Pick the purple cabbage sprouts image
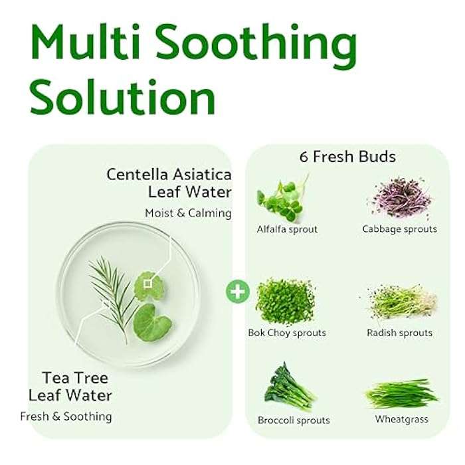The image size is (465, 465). tap(399, 197)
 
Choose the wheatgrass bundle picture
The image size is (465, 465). tap(401, 394)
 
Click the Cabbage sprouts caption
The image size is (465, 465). tap(399, 229)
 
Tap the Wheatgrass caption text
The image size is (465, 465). tap(401, 419)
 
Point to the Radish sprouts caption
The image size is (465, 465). tap(399, 333)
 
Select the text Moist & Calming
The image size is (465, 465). tap(188, 213)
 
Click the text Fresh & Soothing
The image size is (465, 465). tap(66, 417)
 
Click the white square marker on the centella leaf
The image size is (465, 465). tap(147, 283)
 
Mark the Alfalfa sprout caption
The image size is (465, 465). tap(287, 229)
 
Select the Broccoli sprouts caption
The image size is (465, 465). tap(293, 420)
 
